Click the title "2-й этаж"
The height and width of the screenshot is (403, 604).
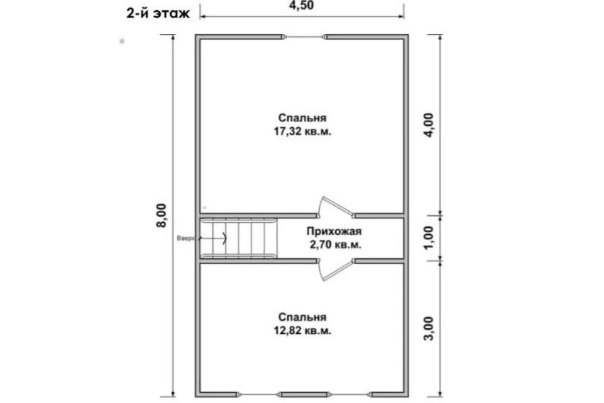(158, 14)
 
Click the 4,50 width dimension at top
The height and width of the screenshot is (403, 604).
(301, 5)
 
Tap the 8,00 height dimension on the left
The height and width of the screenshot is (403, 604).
(161, 215)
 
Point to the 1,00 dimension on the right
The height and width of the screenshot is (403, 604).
(428, 238)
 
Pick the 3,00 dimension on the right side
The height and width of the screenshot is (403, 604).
(428, 328)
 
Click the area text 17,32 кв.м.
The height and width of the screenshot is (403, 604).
(302, 132)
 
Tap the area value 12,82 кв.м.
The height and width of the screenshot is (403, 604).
(302, 331)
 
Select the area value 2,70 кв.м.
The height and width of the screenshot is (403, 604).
(335, 245)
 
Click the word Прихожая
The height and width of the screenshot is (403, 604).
(334, 231)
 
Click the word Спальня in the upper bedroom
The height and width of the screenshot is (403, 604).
(302, 118)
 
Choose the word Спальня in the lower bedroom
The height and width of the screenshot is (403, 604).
(302, 317)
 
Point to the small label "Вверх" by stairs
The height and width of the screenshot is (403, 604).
(185, 238)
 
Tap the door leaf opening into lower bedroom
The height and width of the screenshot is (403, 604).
(337, 270)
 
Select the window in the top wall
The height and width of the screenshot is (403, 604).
(305, 37)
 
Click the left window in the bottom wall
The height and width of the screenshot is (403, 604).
(260, 394)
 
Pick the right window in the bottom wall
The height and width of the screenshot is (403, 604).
(349, 394)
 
